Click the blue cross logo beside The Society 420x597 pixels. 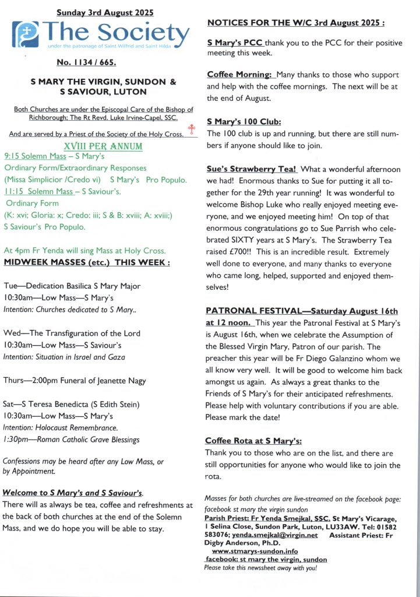click(26, 34)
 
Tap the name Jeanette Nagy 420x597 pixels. click(120, 381)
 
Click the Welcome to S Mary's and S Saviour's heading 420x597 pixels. click(73, 492)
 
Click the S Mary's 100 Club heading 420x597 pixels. click(244, 121)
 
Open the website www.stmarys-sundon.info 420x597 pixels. click(255, 551)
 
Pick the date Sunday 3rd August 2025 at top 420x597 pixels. click(103, 11)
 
